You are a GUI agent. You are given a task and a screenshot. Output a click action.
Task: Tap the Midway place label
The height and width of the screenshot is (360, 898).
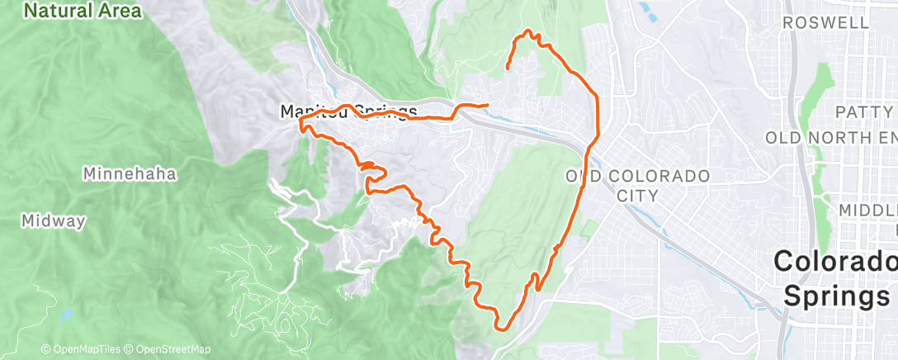pyautogui.click(x=54, y=221)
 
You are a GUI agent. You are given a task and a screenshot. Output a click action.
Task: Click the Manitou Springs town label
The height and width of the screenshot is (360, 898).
pyautogui.click(x=349, y=111)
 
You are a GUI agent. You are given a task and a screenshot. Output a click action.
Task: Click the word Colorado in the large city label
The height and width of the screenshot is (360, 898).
pyautogui.click(x=834, y=263)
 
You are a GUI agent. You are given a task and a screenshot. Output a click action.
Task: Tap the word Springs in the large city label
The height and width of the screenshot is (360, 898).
pyautogui.click(x=839, y=295)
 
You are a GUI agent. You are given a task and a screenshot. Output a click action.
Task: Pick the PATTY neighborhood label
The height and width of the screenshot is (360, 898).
pyautogui.click(x=863, y=111)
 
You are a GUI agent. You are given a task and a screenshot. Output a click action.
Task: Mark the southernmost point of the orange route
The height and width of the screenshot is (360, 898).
pyautogui.click(x=500, y=328)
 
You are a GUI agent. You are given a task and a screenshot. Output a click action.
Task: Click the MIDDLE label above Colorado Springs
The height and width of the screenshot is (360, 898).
pyautogui.click(x=867, y=211)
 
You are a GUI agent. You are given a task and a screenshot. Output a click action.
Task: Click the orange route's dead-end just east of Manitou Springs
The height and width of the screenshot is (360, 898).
pyautogui.click(x=488, y=105)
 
